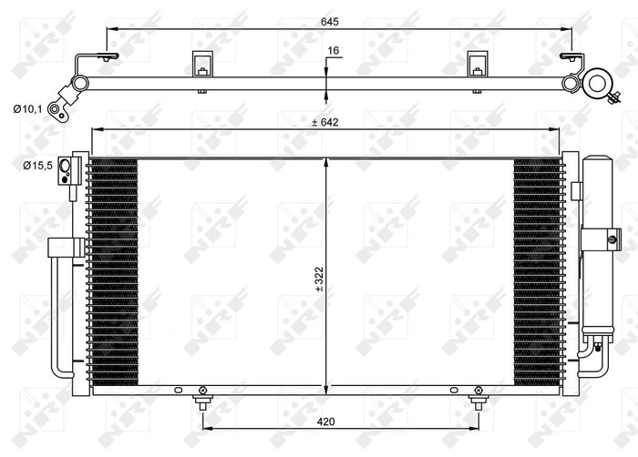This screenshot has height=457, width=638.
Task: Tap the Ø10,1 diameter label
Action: point(28,110)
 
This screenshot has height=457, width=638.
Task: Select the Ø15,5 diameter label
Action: point(36,165)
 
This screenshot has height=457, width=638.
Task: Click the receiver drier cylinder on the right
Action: point(599,246)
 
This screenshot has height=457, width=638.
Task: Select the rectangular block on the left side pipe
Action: point(66,248)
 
